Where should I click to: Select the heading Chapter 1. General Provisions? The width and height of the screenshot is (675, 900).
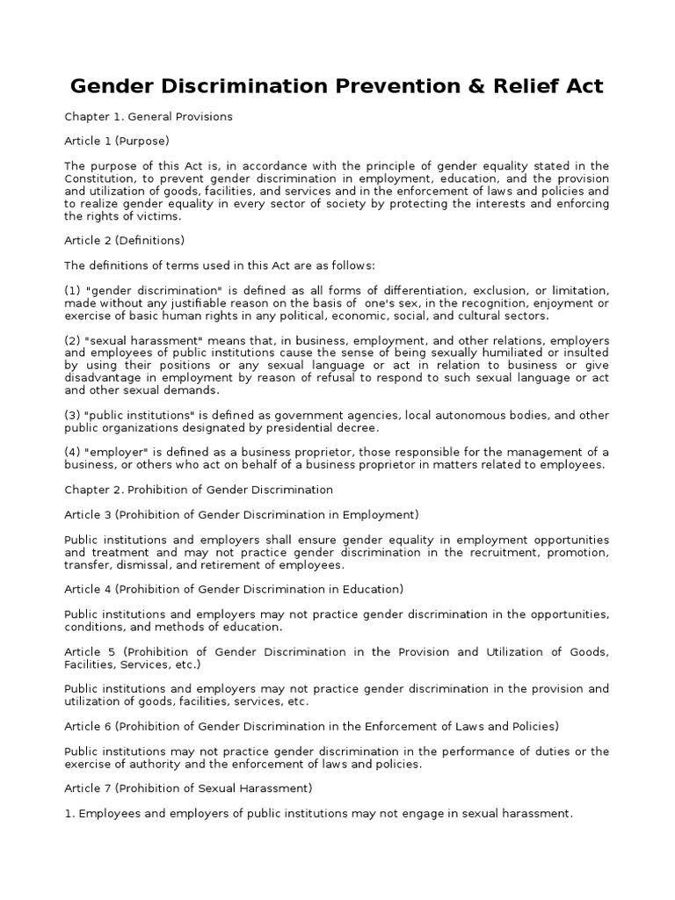click(148, 116)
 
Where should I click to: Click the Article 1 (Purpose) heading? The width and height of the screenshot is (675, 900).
click(116, 141)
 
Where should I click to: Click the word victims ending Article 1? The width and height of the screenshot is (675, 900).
click(158, 216)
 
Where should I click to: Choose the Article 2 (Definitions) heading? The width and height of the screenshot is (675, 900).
click(124, 239)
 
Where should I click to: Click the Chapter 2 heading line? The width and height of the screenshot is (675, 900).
click(199, 489)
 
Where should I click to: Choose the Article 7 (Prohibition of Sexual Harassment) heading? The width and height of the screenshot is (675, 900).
click(188, 788)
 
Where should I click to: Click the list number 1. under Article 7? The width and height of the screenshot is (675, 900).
click(69, 814)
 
